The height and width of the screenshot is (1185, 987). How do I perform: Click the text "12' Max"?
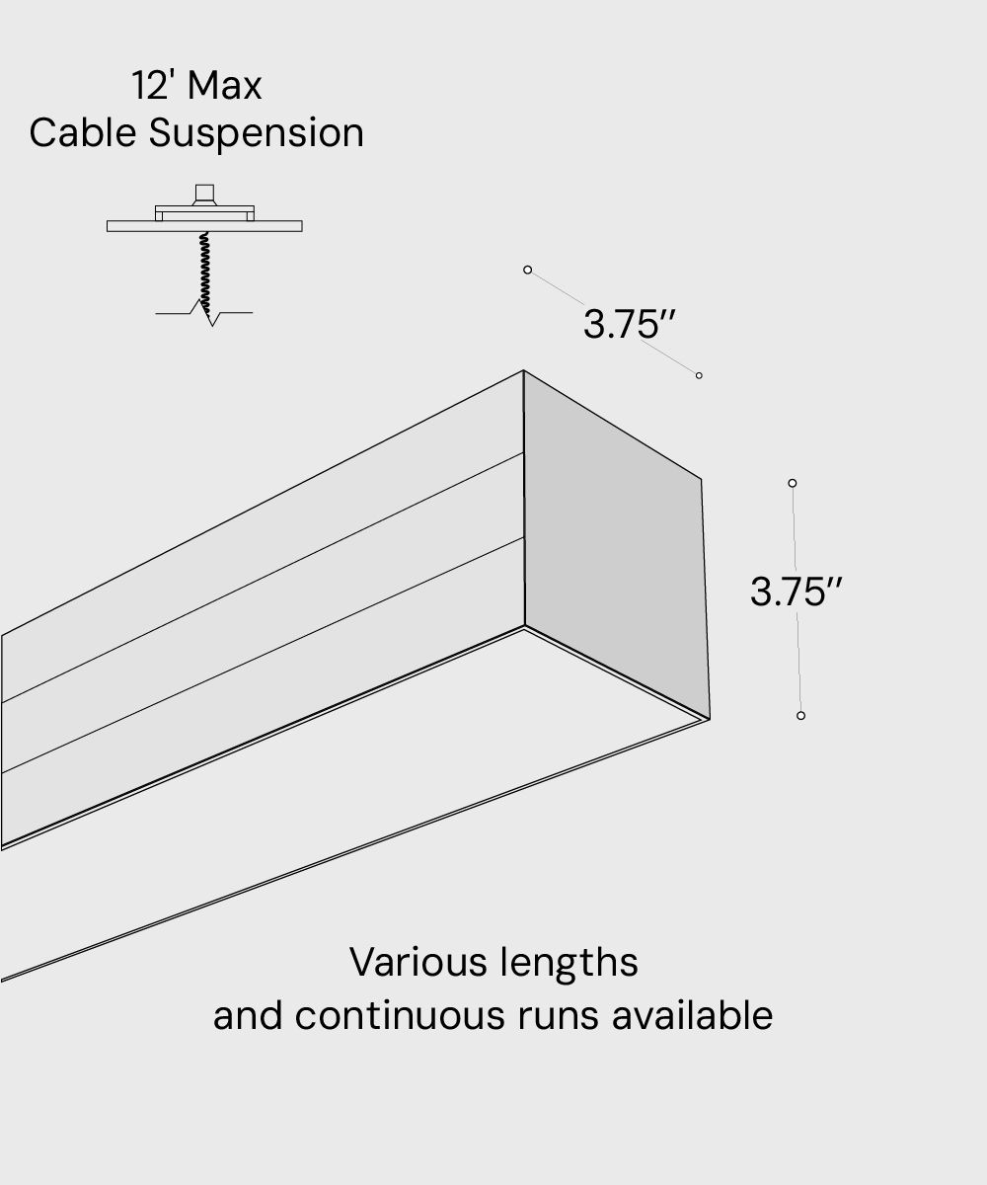click(197, 86)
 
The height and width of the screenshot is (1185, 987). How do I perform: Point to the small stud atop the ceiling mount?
click(204, 193)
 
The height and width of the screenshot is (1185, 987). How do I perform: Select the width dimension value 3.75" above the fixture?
click(629, 324)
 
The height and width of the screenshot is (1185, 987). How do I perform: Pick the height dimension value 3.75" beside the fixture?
click(796, 592)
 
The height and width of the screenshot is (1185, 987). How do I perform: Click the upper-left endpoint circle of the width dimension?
click(528, 270)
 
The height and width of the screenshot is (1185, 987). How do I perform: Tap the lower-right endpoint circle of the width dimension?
click(699, 375)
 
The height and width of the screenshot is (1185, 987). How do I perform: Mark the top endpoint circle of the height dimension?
click(793, 483)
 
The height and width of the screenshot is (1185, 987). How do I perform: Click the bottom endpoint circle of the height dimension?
click(800, 715)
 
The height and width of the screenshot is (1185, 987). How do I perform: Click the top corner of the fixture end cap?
click(523, 371)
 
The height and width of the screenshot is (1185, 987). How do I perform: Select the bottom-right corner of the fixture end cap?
click(709, 718)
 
